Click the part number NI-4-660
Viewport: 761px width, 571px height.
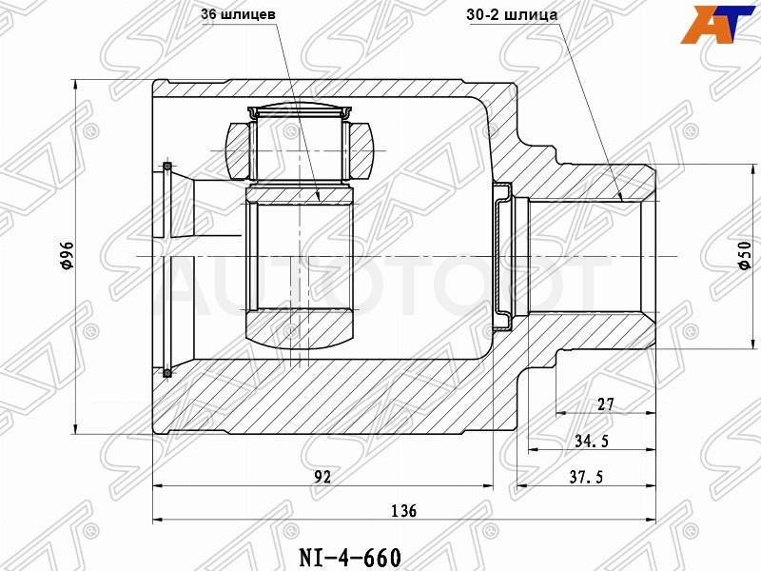350,558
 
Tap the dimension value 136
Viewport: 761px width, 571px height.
403,510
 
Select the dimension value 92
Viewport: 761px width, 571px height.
322,477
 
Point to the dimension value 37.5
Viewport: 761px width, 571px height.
586,477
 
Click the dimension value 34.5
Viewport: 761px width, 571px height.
592,441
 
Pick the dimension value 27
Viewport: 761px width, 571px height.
606,404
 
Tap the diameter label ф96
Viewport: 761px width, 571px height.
67,255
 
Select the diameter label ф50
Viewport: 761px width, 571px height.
745,255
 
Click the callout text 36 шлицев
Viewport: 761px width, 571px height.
239,14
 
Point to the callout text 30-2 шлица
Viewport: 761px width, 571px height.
512,15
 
